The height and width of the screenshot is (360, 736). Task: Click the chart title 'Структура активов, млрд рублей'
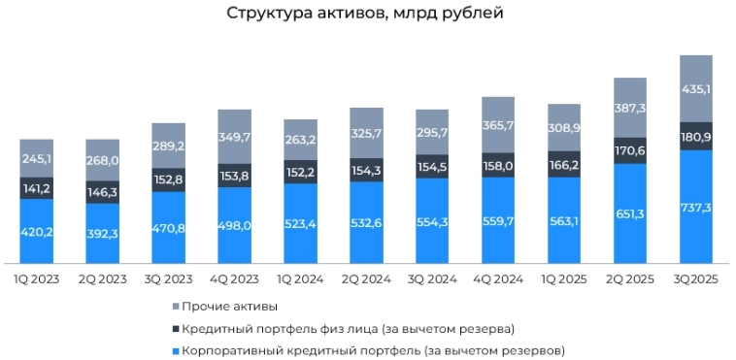point(366,14)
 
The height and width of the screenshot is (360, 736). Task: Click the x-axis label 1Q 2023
point(36,279)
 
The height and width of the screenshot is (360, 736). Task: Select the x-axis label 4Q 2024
point(498,279)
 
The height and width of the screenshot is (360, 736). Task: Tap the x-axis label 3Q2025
point(696,279)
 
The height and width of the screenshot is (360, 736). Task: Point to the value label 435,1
point(696,90)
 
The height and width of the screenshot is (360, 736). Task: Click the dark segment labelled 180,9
point(696,136)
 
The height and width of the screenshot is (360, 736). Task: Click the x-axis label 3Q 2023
point(168,279)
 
